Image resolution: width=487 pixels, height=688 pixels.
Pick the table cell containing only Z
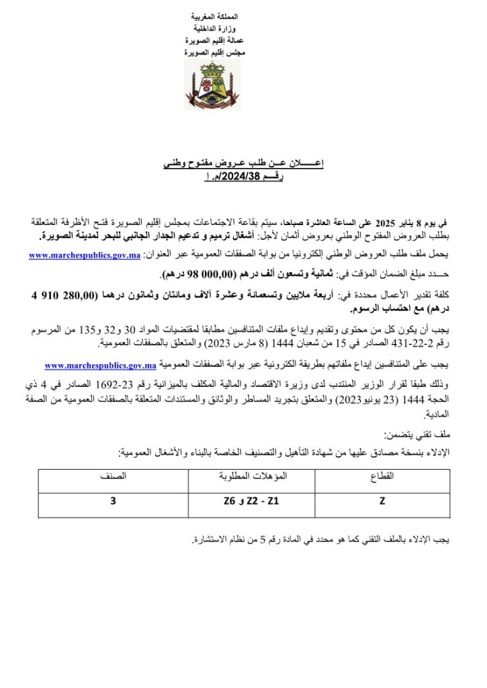[x=382, y=500]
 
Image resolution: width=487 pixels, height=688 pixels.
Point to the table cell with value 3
[x=113, y=500]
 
